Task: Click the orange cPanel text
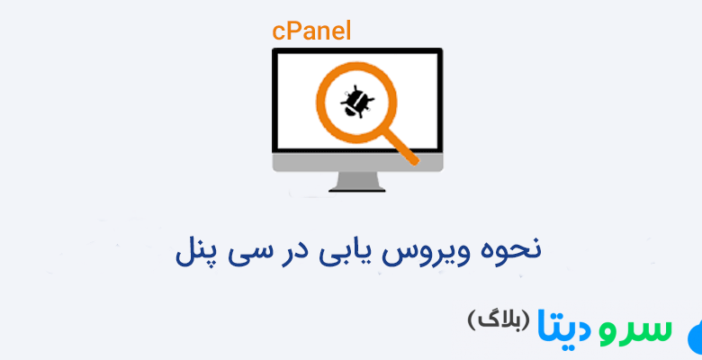click(x=311, y=31)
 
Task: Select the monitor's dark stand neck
click(x=358, y=180)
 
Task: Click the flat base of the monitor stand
click(x=358, y=189)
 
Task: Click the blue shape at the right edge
click(x=695, y=338)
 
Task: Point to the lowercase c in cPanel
click(x=278, y=31)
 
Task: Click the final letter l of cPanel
click(x=347, y=31)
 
